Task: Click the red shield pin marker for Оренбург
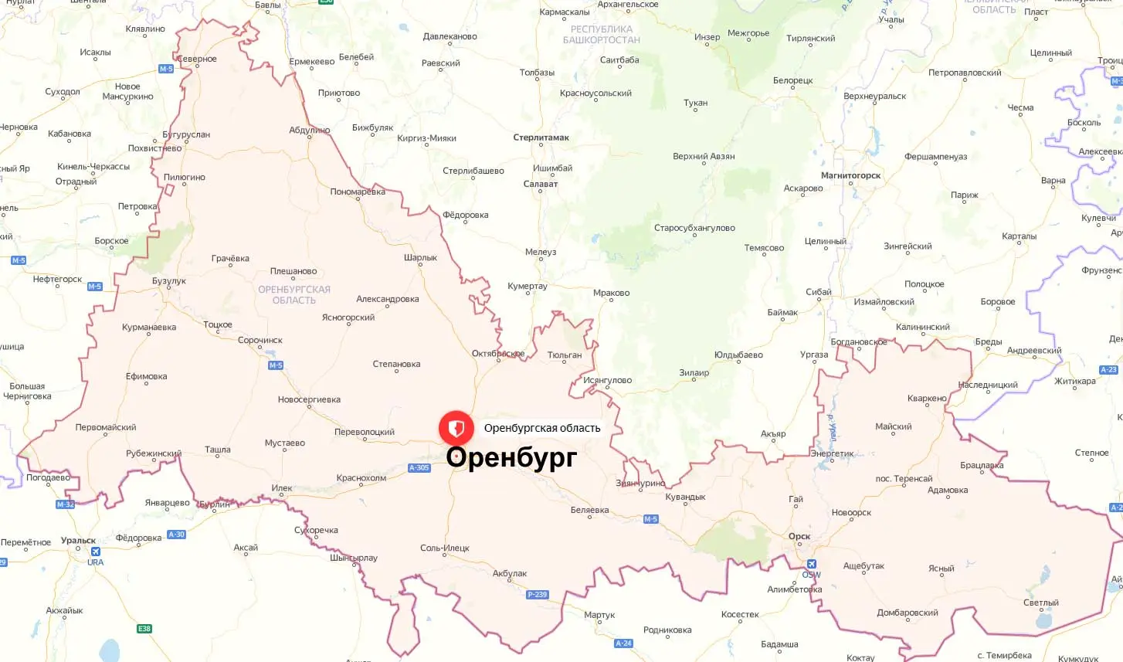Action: [x=456, y=428]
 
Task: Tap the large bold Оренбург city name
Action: [x=511, y=457]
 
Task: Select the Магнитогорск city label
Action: [x=850, y=175]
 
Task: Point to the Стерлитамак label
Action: [x=541, y=137]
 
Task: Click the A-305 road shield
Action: [x=419, y=468]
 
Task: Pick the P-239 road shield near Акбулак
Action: [x=537, y=595]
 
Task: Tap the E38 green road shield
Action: [x=144, y=629]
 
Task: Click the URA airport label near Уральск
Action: [x=95, y=562]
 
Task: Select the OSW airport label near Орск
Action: [x=811, y=575]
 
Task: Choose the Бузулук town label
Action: [x=169, y=281]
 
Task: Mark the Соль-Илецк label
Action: [x=445, y=548]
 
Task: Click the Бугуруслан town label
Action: [x=186, y=134]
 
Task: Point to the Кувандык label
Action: [x=685, y=497]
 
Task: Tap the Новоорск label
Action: [x=851, y=513]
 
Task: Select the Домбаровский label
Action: [x=908, y=613]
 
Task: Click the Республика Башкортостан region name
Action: [x=602, y=35]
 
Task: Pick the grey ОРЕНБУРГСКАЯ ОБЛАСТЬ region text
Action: [x=294, y=295]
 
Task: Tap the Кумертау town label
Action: [x=528, y=286]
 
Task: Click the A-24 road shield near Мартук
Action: [x=623, y=643]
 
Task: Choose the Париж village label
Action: [x=965, y=195]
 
